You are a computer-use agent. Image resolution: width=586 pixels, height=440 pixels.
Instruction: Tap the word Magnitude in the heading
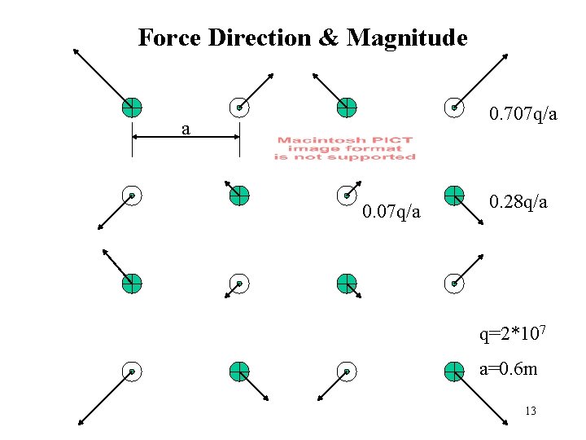(407, 37)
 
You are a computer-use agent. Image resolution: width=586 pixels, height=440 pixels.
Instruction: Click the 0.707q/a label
(523, 115)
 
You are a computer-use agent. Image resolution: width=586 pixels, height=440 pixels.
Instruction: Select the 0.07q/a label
(391, 212)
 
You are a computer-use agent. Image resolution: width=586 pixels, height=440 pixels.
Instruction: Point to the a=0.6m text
(508, 369)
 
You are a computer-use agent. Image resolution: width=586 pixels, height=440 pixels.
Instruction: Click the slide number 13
(531, 411)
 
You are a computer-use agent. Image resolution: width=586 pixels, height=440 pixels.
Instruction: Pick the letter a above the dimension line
(186, 129)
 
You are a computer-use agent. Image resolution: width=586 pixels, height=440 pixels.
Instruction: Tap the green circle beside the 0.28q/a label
(454, 196)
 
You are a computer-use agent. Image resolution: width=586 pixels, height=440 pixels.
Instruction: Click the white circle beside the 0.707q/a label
(454, 107)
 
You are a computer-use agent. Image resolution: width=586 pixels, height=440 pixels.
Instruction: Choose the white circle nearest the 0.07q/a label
(347, 196)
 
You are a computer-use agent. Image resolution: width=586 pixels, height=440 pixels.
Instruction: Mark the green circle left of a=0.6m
(454, 372)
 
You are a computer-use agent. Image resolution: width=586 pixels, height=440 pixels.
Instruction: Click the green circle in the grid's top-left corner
(132, 107)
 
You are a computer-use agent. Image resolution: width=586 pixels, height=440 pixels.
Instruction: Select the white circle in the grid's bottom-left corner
(132, 372)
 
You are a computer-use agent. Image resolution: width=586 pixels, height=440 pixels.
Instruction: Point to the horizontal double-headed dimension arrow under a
(186, 138)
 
